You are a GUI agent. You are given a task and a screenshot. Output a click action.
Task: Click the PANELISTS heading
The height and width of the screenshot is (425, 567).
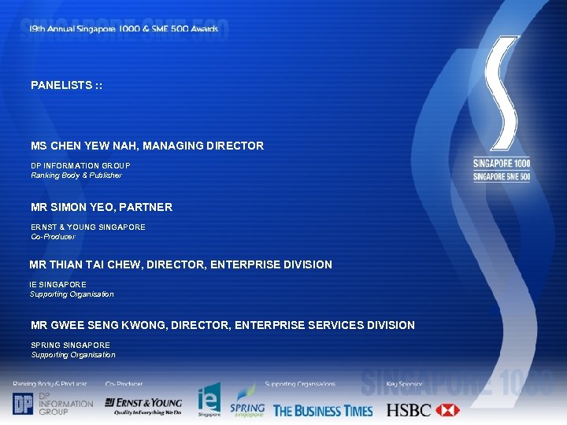point(67,85)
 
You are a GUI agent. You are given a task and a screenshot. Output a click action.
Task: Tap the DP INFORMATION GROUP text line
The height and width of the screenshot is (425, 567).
point(80,166)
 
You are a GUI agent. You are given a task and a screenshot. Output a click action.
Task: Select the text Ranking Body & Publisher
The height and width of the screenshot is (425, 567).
point(76,176)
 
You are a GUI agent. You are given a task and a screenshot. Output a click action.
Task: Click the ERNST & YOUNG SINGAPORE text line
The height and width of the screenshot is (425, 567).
point(88,227)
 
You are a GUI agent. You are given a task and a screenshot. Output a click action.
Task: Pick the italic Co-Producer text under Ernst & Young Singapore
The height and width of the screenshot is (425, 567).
point(53,237)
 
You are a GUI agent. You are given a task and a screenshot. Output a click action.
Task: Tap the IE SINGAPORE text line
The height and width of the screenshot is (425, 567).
point(58,285)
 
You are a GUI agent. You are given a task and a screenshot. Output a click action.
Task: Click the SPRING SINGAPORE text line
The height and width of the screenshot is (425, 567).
point(70,346)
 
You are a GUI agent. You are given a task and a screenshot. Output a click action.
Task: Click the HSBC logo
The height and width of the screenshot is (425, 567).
point(422,410)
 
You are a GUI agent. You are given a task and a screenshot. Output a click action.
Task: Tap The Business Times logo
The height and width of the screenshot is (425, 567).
point(323,410)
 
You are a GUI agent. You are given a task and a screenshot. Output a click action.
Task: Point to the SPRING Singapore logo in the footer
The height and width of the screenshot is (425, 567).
point(246,402)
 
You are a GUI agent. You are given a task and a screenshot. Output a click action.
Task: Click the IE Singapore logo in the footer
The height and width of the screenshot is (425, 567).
point(209,401)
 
